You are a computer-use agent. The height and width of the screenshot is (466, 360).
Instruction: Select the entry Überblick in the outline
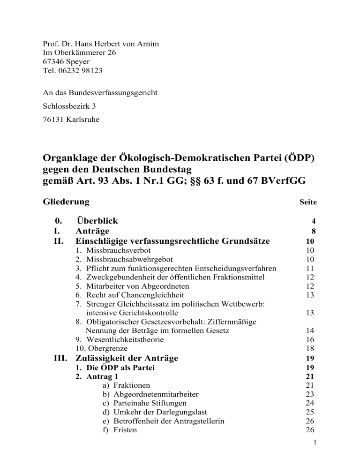tap(97, 220)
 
